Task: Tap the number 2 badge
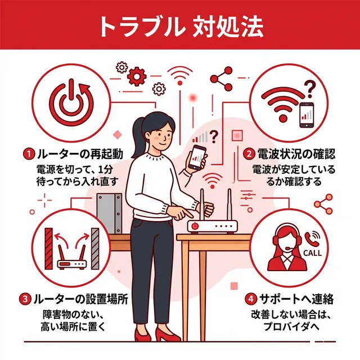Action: pyautogui.click(x=247, y=153)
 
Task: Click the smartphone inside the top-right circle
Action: pyautogui.click(x=307, y=115)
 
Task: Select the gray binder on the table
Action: pyautogui.click(x=109, y=213)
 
